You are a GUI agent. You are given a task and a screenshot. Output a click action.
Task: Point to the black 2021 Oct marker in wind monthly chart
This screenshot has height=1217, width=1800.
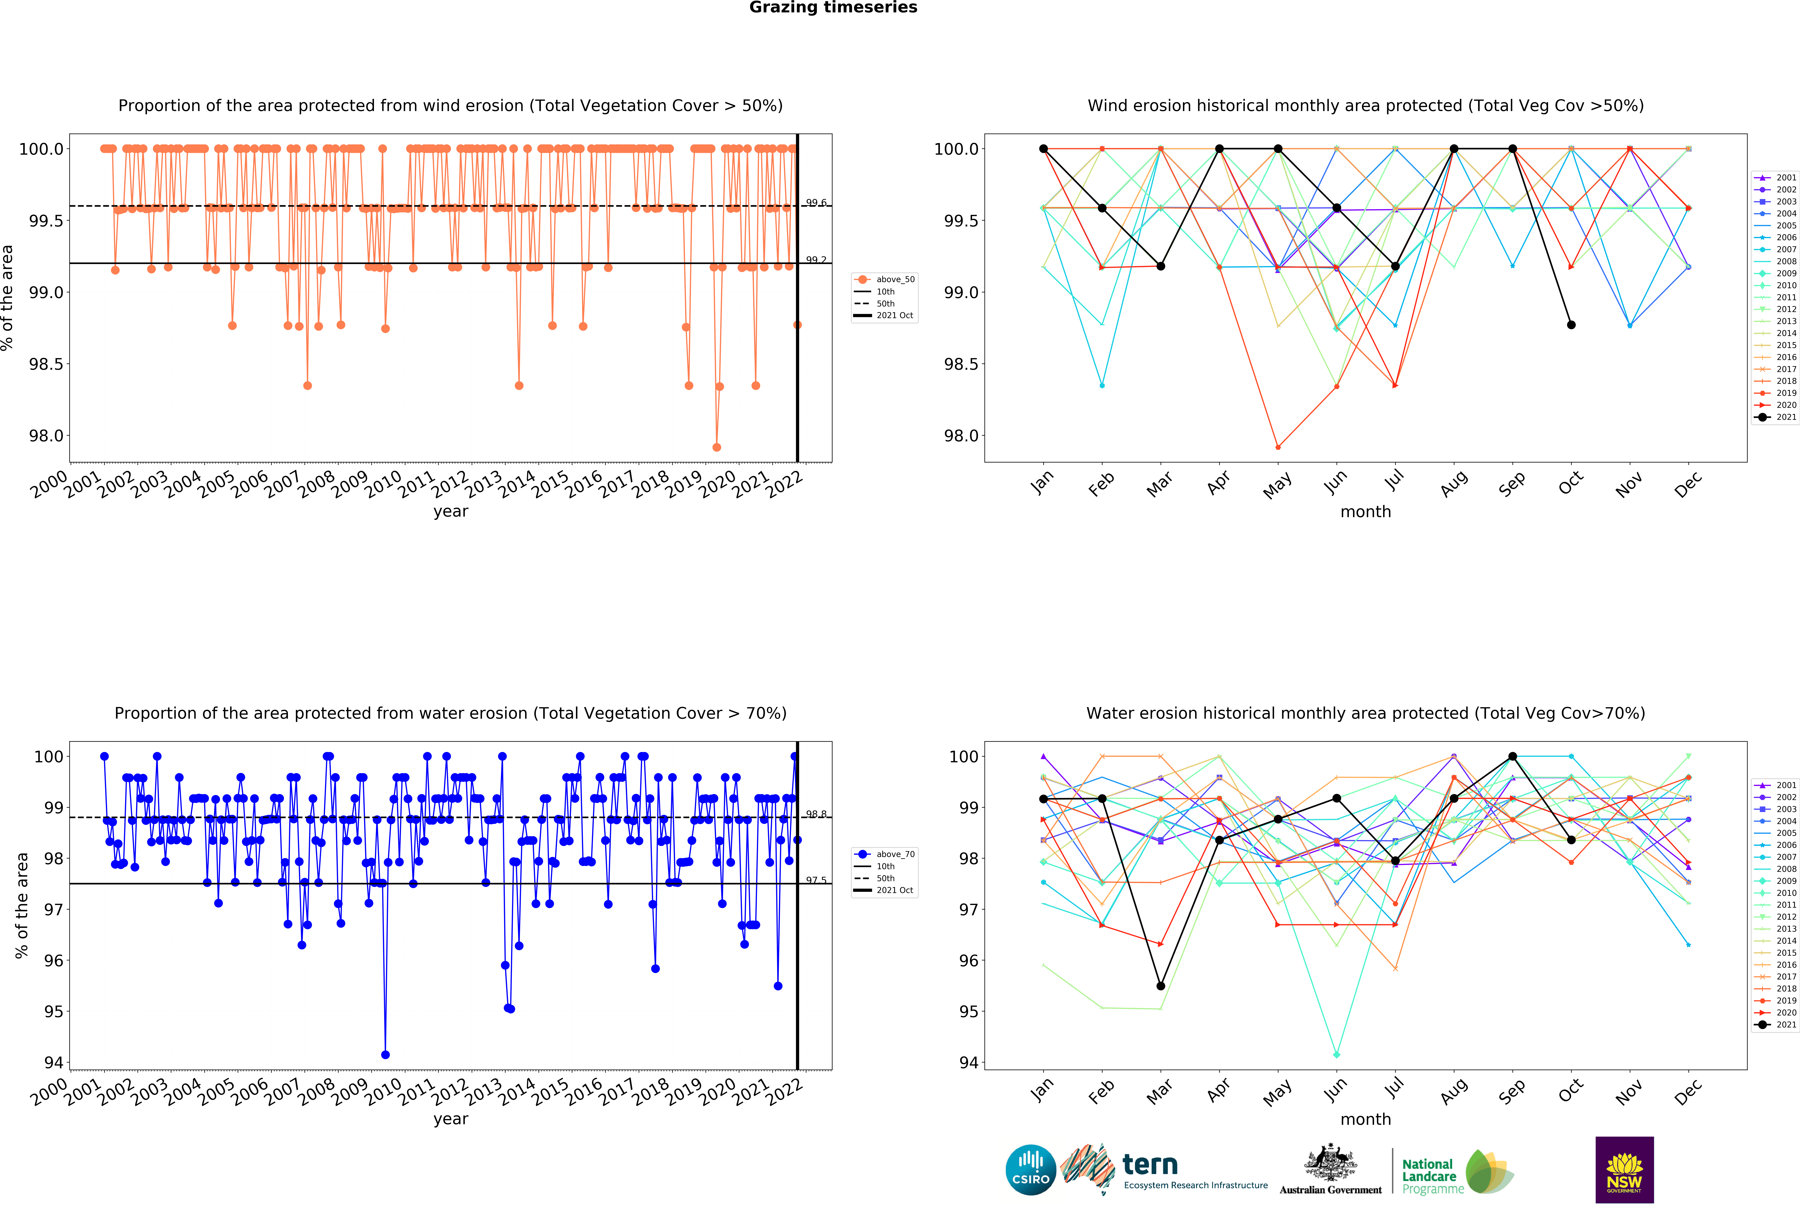click(1571, 325)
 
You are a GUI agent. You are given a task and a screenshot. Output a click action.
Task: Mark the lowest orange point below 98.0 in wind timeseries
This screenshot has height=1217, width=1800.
click(716, 447)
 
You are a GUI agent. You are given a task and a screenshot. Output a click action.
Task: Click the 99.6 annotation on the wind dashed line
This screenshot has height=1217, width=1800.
click(816, 203)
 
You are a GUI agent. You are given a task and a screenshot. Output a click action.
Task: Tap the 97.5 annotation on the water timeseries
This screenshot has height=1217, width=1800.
click(816, 880)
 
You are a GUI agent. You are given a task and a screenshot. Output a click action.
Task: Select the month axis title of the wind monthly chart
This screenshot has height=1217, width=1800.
click(1365, 511)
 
